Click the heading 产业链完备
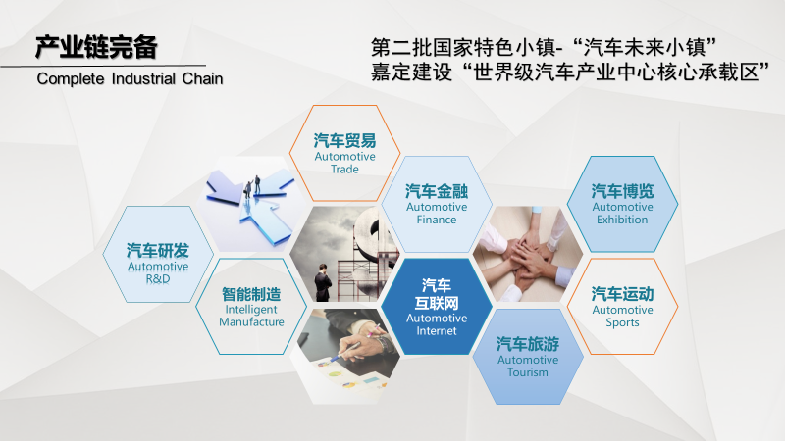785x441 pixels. (96, 47)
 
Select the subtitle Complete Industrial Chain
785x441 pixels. (130, 79)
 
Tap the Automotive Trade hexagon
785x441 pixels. (345, 153)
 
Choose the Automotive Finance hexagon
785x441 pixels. (437, 204)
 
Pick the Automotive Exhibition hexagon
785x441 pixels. (622, 204)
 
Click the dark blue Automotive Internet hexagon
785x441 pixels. (437, 306)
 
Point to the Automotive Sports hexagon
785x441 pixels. (622, 306)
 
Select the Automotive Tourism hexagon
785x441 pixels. (528, 357)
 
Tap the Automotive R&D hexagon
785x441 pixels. (158, 254)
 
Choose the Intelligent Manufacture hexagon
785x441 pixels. (251, 306)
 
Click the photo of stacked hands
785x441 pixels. (528, 254)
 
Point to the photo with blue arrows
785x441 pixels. (251, 204)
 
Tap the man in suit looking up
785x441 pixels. (323, 282)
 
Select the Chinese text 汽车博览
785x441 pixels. (622, 191)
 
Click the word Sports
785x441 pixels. (622, 322)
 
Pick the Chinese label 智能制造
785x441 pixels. (251, 294)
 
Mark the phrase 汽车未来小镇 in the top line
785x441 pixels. (645, 48)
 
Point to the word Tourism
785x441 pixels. (528, 372)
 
